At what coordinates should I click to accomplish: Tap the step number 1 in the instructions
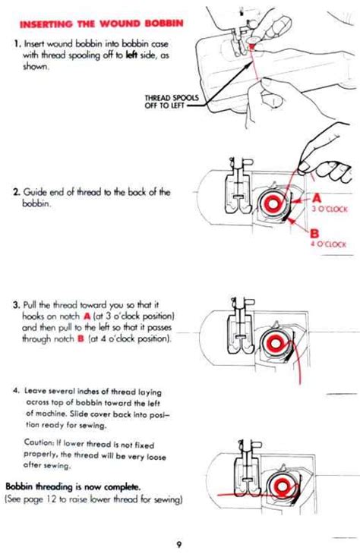[x=16, y=46]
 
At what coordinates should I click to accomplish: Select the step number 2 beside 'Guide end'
[x=15, y=192]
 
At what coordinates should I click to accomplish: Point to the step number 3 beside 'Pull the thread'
[x=15, y=305]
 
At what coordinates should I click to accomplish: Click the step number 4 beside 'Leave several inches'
[x=16, y=392]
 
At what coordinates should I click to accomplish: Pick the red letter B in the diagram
[x=314, y=233]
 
